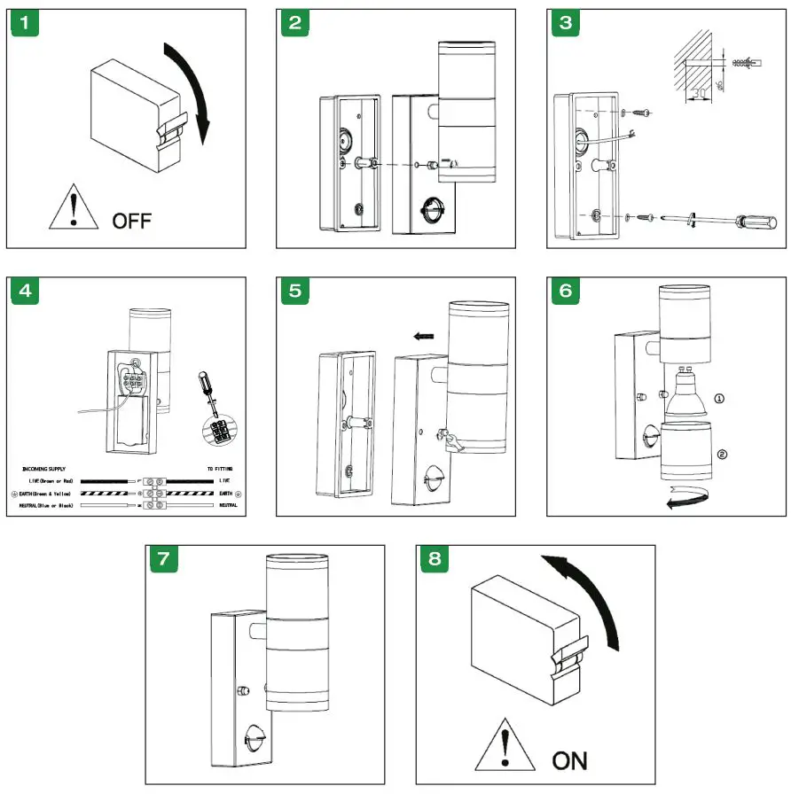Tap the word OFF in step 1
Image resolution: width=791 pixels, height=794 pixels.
132,220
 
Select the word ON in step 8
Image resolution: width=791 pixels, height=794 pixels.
569,759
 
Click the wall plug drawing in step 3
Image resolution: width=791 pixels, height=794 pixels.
743,60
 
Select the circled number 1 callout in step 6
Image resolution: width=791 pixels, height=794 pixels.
718,399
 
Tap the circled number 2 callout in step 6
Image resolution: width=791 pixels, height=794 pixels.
722,455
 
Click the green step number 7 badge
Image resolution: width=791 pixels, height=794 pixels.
163,559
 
